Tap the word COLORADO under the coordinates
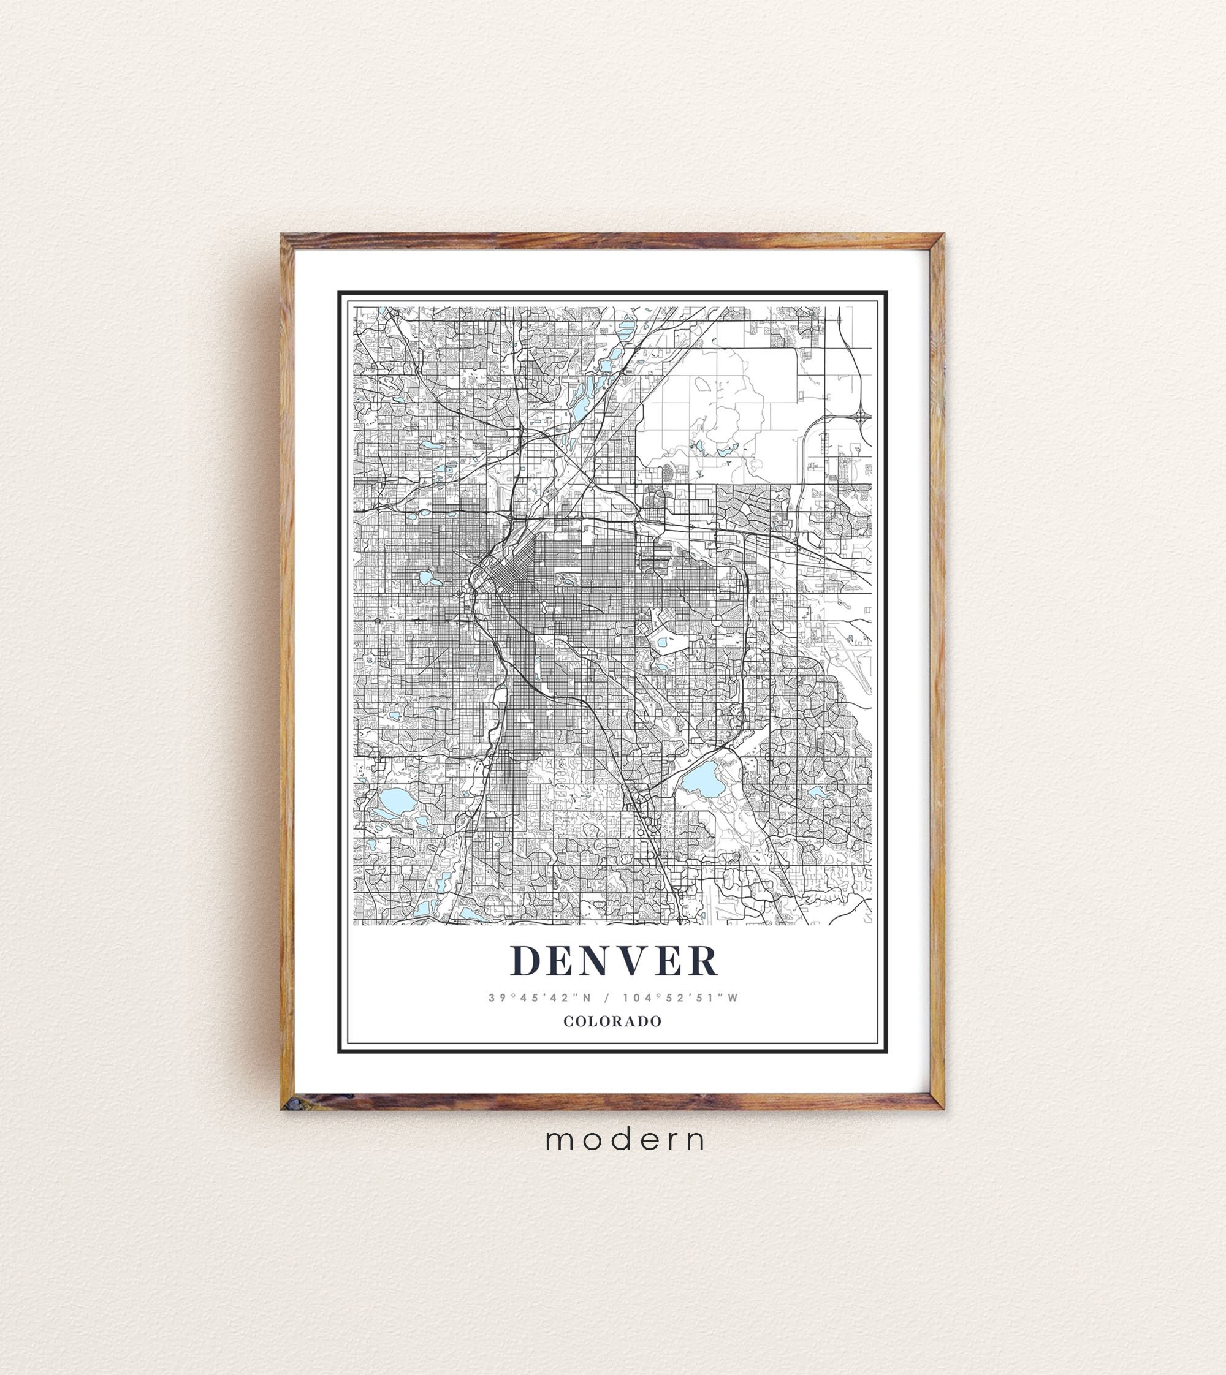pyautogui.click(x=612, y=1021)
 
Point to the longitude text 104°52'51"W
pyautogui.click(x=680, y=998)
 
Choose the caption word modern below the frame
pyautogui.click(x=626, y=1140)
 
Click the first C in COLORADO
pyautogui.click(x=568, y=1021)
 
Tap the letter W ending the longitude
pyautogui.click(x=733, y=998)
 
